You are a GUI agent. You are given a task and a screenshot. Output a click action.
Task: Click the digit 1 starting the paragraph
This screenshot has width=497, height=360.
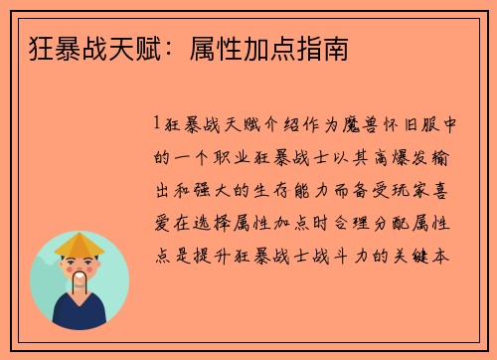[x=158, y=124]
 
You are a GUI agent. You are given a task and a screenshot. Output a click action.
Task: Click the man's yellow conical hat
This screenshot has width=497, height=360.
[x=79, y=245]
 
